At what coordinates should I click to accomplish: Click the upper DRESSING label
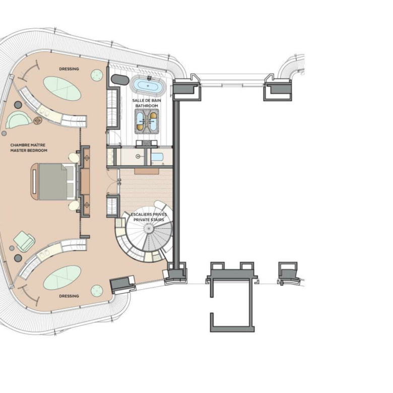coord(69,69)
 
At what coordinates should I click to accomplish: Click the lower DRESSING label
coord(69,296)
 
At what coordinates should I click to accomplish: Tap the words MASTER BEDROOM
coord(29,150)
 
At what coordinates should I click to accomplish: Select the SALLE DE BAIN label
coord(147,100)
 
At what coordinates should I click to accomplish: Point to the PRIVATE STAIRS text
coord(149,220)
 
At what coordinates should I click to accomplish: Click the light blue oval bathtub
coord(148,86)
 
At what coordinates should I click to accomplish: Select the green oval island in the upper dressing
coord(62,89)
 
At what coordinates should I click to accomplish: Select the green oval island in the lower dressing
coord(62,278)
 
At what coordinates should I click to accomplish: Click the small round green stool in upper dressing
coord(97,75)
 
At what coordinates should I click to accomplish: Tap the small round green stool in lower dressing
coord(97,291)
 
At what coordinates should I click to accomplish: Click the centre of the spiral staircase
coord(149,228)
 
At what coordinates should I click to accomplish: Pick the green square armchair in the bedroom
coord(24,241)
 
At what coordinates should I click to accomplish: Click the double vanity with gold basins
coord(147,121)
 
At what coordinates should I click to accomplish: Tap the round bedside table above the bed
coord(74,158)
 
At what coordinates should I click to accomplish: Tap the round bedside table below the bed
coord(74,206)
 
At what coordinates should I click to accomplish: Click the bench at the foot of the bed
coord(34,181)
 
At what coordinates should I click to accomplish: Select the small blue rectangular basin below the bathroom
coord(157,157)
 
